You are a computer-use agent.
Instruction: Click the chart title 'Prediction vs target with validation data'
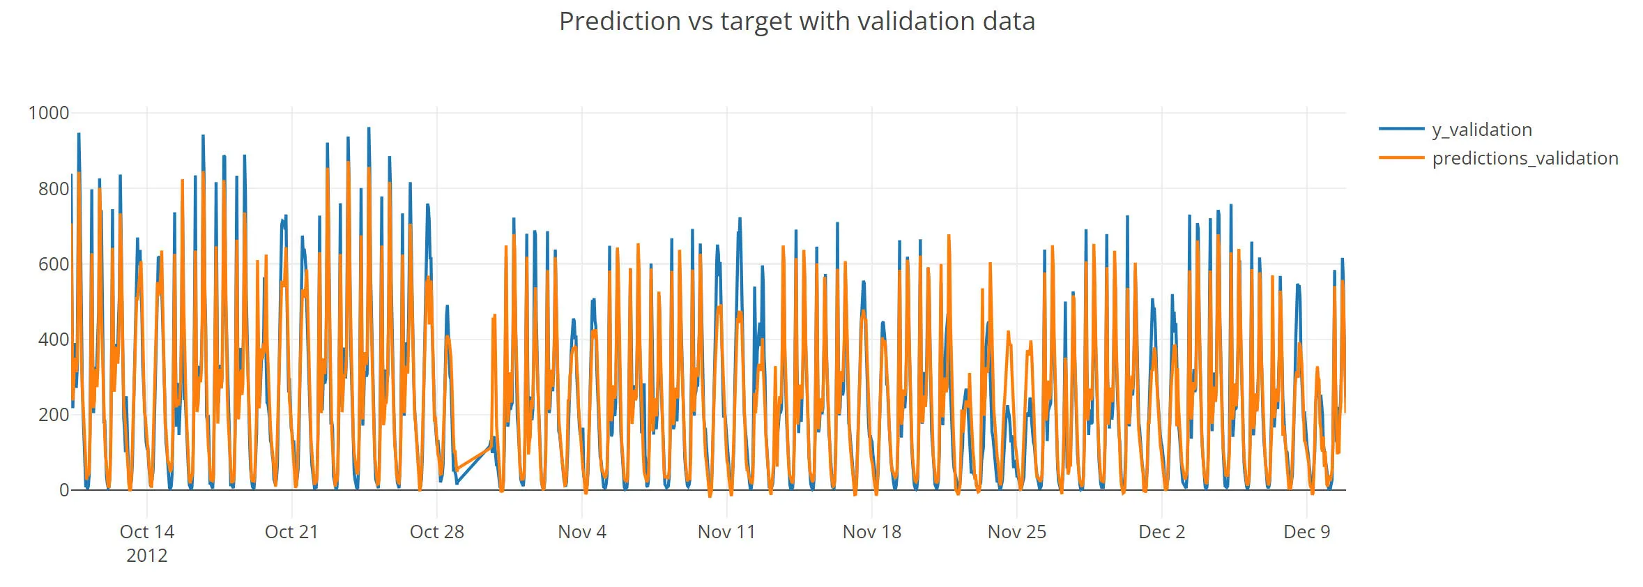[797, 22]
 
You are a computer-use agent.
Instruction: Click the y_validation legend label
[1481, 130]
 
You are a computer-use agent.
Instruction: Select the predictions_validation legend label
[1524, 158]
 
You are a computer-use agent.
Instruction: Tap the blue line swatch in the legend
[1401, 129]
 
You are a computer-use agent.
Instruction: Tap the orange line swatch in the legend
[1401, 158]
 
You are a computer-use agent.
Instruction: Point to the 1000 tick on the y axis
[48, 113]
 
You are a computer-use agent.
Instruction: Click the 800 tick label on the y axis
[54, 188]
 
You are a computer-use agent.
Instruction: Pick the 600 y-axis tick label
[54, 264]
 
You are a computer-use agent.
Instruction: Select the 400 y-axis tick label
[54, 340]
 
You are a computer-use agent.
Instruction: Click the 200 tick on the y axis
[54, 415]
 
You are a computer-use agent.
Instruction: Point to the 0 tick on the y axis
[64, 490]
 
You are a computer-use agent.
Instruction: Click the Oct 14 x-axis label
[147, 532]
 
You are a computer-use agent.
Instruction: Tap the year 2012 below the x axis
[147, 556]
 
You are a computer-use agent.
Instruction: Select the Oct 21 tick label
[291, 532]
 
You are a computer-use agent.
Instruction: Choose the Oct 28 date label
[437, 532]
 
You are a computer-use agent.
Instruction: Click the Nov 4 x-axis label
[582, 532]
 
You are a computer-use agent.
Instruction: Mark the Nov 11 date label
[726, 532]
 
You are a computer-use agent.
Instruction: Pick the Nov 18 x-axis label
[871, 532]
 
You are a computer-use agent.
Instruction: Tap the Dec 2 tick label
[1161, 532]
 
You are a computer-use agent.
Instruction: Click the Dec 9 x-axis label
[1306, 532]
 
